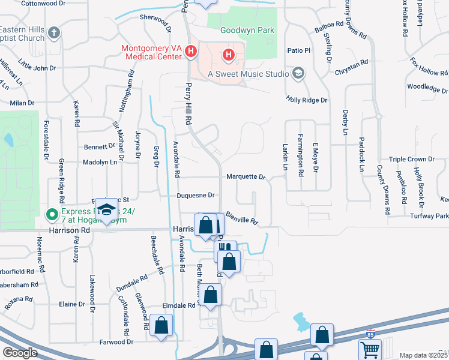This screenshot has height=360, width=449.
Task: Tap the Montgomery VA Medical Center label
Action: click(152, 53)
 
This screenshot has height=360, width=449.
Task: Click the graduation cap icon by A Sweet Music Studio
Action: click(298, 74)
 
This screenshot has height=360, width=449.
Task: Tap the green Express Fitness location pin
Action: click(52, 213)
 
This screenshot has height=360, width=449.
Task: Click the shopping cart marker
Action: click(370, 349)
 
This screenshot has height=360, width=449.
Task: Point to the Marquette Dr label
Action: click(246, 177)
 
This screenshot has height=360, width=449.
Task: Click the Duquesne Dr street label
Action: click(196, 196)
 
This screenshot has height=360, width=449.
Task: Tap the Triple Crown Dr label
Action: click(411, 159)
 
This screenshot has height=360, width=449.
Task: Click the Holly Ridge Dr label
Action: click(307, 100)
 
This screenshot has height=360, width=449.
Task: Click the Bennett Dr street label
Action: click(99, 146)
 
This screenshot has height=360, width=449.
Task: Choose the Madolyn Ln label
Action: click(99, 162)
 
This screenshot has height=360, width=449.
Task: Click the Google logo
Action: click(20, 353)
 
